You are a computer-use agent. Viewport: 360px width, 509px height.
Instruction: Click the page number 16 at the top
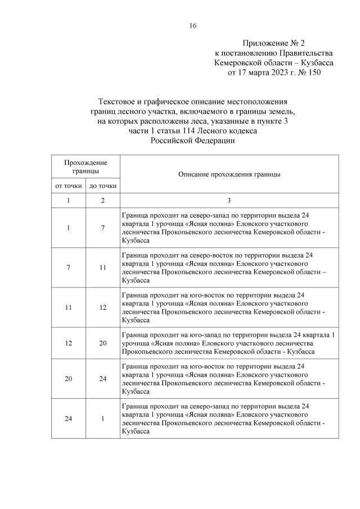[x=193, y=25]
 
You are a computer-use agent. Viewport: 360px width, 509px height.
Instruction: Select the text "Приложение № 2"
[x=273, y=43]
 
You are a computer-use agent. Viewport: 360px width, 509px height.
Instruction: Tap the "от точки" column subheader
[x=68, y=186]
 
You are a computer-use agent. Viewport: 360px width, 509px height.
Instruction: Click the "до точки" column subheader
[x=103, y=186]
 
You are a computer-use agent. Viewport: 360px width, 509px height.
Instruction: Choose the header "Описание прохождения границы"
[x=229, y=175]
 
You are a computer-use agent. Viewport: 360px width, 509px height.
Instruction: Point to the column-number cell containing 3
[x=229, y=200]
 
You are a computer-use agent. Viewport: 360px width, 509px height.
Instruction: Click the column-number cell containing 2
[x=103, y=200]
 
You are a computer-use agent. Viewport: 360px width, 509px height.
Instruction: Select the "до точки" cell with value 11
[x=103, y=267]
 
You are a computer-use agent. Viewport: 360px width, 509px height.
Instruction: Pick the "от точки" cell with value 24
[x=68, y=418]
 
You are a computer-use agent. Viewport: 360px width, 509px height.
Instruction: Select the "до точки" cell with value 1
[x=103, y=418]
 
